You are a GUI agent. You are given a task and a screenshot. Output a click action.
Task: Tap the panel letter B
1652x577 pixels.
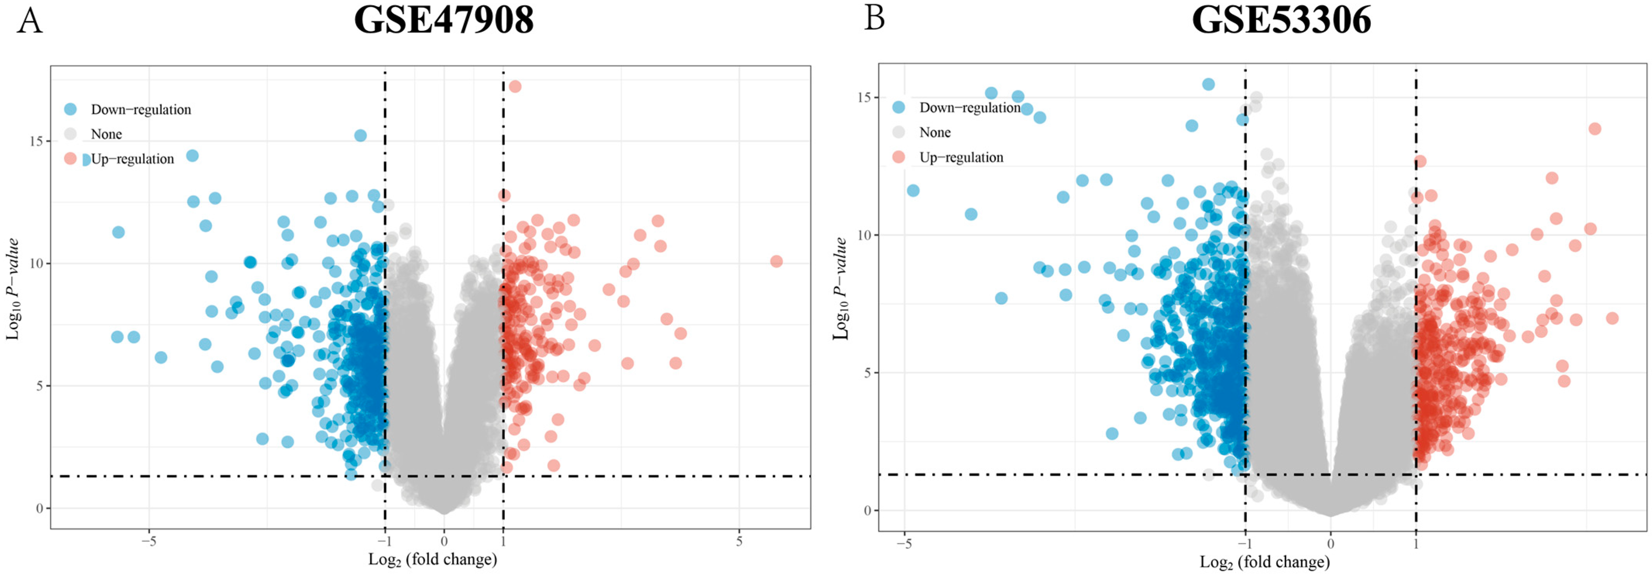874,18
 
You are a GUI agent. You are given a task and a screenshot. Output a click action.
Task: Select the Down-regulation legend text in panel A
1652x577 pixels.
141,110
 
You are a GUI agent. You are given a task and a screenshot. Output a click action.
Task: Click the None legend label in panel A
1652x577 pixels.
106,134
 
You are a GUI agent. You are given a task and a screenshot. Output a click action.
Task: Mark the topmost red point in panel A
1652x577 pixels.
514,87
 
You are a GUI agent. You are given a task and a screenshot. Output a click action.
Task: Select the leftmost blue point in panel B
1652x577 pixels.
913,190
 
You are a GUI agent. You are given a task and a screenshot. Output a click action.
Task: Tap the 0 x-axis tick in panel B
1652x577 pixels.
1331,544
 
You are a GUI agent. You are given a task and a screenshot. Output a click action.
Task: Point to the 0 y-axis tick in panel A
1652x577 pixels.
39,509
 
